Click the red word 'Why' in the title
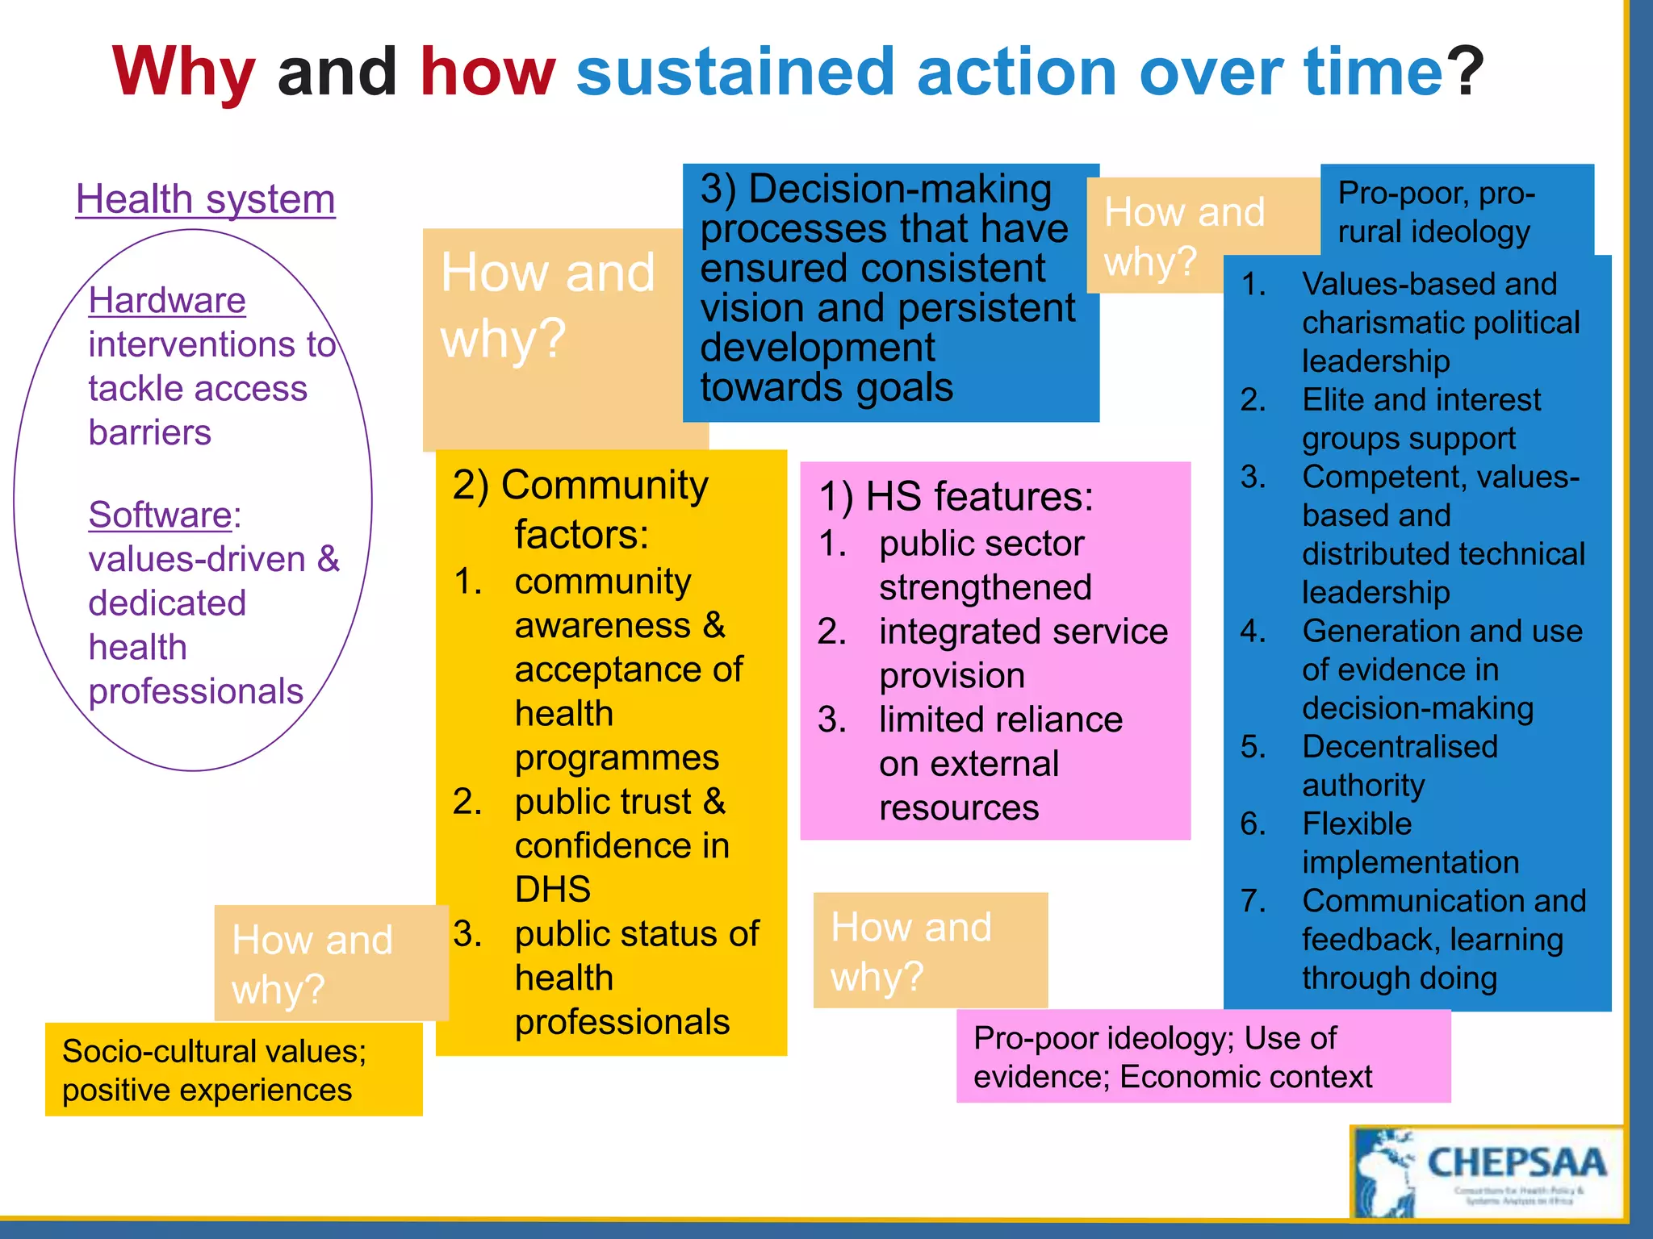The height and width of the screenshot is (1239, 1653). pos(184,73)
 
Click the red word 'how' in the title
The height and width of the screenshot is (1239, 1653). pos(488,73)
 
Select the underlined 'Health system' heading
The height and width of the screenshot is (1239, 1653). pos(205,199)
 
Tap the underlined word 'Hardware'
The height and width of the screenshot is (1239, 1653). pos(167,300)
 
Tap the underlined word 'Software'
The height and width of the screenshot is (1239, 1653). pos(161,515)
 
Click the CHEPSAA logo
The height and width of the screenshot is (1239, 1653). pos(1487,1172)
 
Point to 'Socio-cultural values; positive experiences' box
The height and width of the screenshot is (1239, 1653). pos(233,1070)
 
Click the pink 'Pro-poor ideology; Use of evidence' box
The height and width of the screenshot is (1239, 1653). pos(1203,1057)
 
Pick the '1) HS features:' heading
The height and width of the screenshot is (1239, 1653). pos(956,496)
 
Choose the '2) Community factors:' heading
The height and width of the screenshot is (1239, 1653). pos(581,509)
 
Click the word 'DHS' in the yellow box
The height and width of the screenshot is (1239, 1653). pos(553,889)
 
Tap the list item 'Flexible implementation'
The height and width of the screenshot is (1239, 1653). pos(1409,843)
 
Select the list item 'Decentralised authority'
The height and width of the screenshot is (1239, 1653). pos(1400,766)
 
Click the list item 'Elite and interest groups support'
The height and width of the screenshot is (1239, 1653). pos(1421,419)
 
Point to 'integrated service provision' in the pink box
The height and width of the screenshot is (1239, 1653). pos(1023,653)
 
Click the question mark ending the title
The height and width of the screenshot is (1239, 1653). pos(1464,73)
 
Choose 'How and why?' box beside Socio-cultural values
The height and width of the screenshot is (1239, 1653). pos(331,963)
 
